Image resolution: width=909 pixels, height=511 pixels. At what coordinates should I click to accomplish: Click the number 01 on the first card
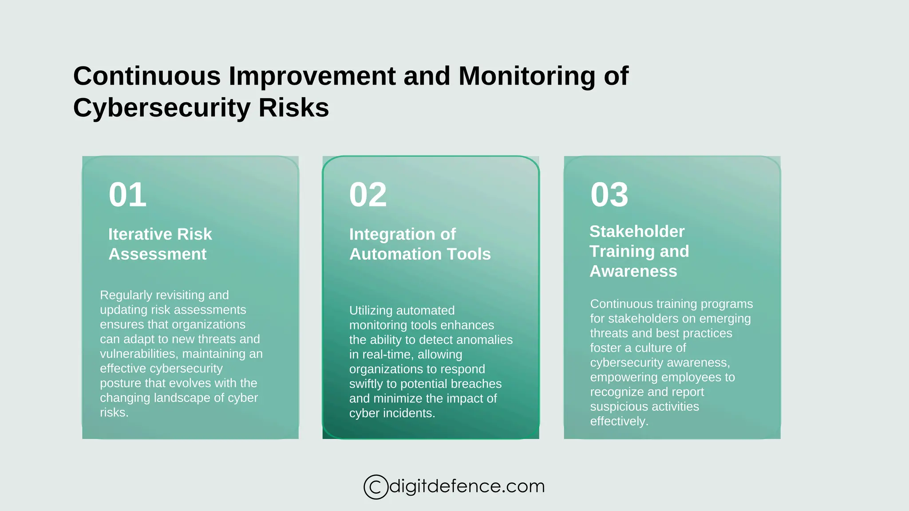click(x=127, y=195)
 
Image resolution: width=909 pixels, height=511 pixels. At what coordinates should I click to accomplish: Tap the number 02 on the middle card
click(x=368, y=195)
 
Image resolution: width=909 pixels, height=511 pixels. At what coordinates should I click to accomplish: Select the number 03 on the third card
click(x=609, y=195)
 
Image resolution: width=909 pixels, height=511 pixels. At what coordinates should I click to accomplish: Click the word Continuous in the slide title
click(x=147, y=76)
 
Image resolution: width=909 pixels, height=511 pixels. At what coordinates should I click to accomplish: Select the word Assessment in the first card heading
click(x=158, y=254)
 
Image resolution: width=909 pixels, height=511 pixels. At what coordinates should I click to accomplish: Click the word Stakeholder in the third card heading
click(x=637, y=232)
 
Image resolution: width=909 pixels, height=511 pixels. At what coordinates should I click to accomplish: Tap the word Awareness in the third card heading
click(x=633, y=271)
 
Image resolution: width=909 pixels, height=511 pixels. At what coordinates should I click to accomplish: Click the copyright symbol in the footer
click(x=375, y=487)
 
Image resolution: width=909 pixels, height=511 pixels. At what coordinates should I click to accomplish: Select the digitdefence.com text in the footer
click(x=466, y=486)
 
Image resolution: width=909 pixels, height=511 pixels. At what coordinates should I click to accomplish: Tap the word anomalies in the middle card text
click(x=484, y=340)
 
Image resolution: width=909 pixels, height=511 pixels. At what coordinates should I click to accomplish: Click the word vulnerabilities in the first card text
click(x=139, y=354)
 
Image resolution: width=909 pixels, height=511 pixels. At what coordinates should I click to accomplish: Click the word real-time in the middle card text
click(x=388, y=354)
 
